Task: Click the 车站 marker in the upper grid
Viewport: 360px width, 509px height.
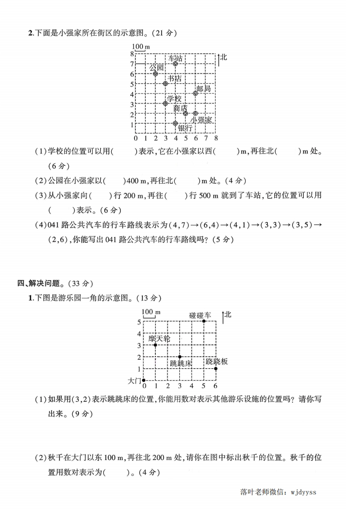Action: click(x=175, y=64)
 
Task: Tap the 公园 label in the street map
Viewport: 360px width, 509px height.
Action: click(x=156, y=68)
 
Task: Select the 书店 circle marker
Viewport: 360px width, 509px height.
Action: click(x=165, y=83)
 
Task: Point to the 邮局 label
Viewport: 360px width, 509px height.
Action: click(x=203, y=89)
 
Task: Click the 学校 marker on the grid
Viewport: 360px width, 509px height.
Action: click(x=165, y=103)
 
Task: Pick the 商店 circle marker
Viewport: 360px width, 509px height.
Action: click(x=185, y=113)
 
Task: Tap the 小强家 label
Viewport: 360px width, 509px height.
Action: click(x=201, y=120)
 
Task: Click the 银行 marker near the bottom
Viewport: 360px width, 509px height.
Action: click(x=175, y=123)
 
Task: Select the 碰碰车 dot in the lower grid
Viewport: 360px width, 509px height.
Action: click(x=204, y=321)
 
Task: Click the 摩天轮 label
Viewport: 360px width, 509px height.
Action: click(x=159, y=338)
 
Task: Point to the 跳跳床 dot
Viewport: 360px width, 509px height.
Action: click(x=180, y=357)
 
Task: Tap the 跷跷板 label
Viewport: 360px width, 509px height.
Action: click(x=217, y=361)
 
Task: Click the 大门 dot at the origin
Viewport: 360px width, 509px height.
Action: click(x=143, y=380)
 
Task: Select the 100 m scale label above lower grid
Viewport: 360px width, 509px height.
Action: click(x=151, y=312)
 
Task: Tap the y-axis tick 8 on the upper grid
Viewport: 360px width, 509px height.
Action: click(x=132, y=54)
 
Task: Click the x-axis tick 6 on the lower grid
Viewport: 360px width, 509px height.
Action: click(x=215, y=386)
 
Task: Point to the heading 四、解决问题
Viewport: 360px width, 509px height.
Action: click(x=38, y=284)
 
